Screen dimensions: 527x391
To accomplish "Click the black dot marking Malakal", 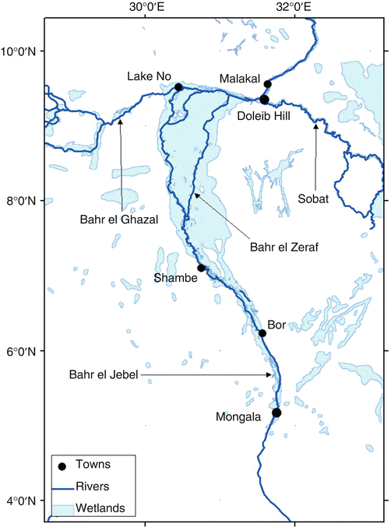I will click(267, 84).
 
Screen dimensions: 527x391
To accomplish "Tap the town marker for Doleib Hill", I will click(264, 100).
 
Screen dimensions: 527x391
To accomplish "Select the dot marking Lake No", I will click(178, 87).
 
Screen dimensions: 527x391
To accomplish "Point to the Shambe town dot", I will click(201, 268).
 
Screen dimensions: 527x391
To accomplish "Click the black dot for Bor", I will click(262, 333).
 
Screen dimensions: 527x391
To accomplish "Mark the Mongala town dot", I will click(276, 412).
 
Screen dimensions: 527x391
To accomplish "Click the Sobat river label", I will click(316, 199).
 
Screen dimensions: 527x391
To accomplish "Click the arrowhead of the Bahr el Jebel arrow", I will click(270, 375).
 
